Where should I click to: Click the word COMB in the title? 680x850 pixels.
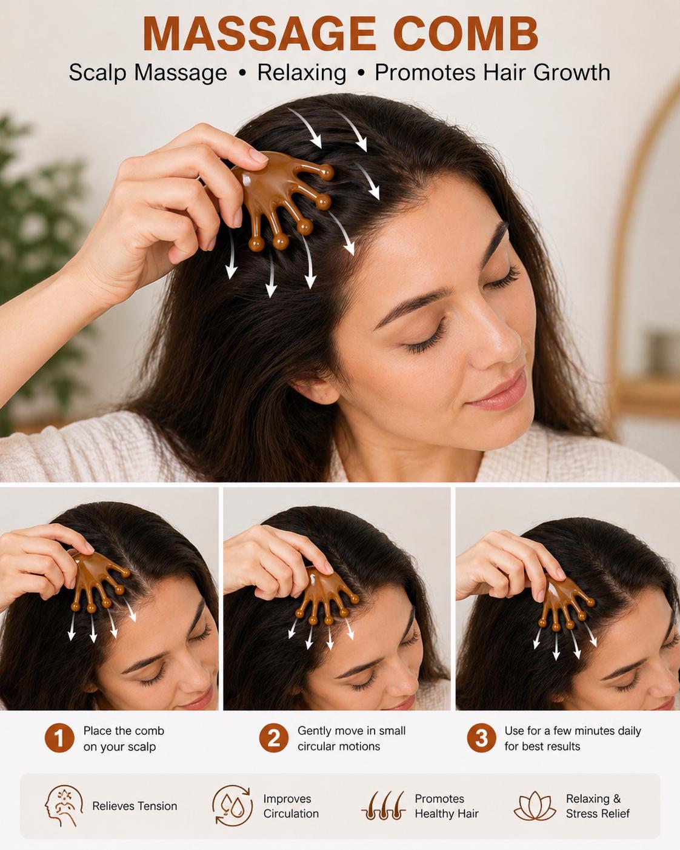click(x=466, y=35)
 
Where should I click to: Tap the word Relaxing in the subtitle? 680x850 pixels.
click(x=302, y=73)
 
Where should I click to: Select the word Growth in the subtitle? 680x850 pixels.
click(x=572, y=72)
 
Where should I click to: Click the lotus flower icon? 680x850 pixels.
click(x=535, y=806)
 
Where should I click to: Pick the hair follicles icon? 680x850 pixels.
click(x=384, y=806)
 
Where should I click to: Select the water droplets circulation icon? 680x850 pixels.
click(x=232, y=805)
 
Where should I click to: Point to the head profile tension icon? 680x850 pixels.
click(x=63, y=806)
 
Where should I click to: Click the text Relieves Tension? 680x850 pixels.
click(x=135, y=806)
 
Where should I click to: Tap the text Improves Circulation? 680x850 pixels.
click(x=291, y=806)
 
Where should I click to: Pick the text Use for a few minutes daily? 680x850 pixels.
click(x=573, y=731)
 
